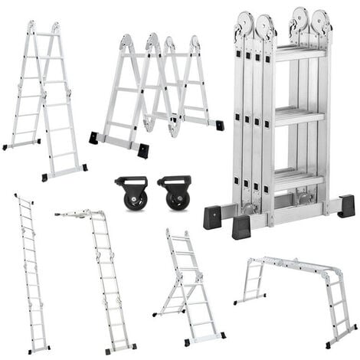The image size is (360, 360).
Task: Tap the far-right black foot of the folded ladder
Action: click(346, 206)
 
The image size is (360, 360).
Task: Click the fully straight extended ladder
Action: click(31, 272)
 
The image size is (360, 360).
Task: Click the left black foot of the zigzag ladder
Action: click(93, 138)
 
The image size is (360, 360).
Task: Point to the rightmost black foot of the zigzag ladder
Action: click(220, 125)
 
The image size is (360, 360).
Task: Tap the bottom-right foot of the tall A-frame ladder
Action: click(83, 167)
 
